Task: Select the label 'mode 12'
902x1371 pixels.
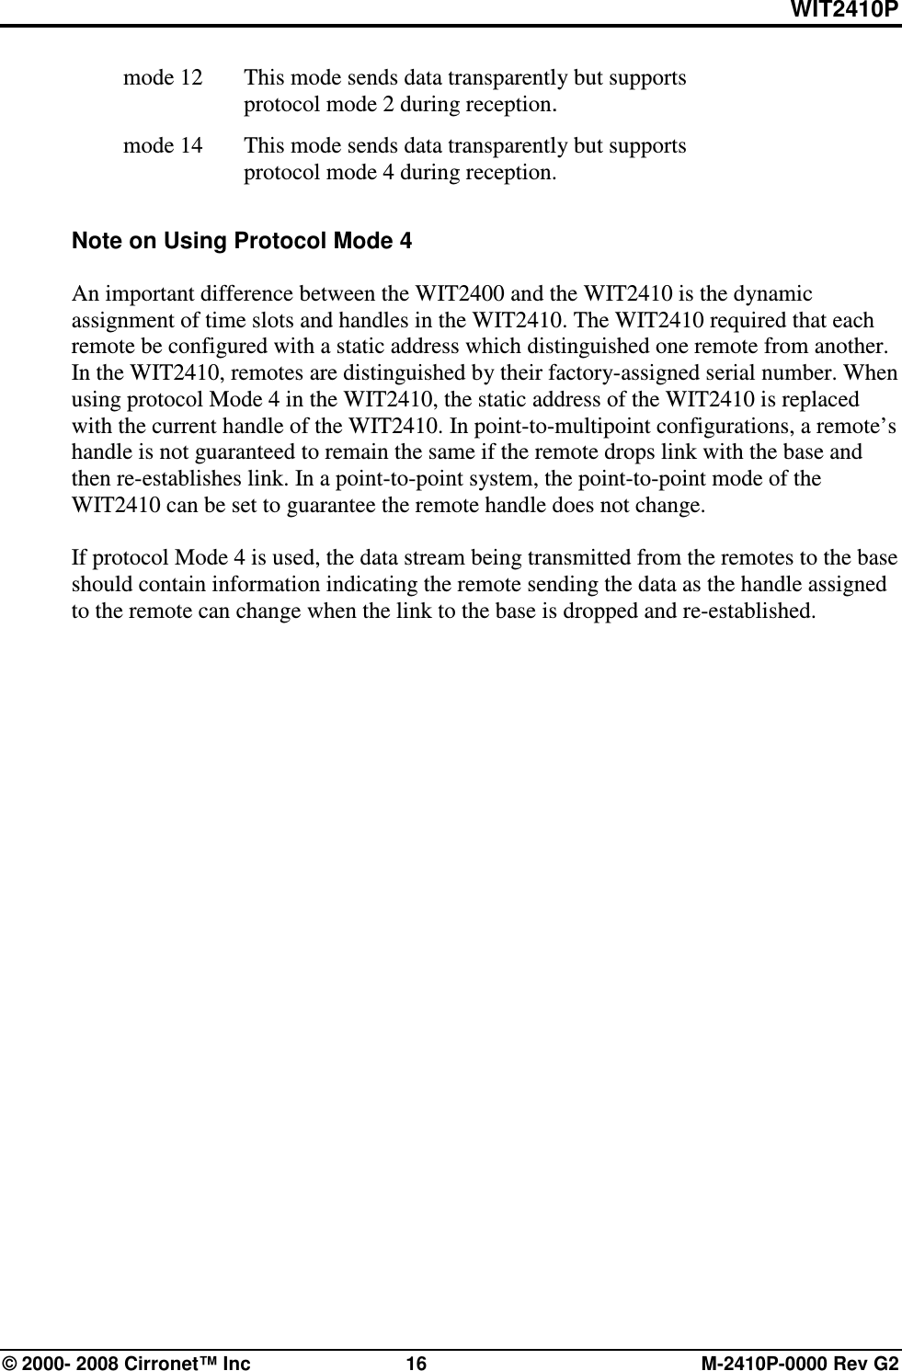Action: click(x=164, y=77)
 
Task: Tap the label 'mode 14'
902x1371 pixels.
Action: click(x=164, y=145)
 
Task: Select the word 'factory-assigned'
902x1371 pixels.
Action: click(x=615, y=374)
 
